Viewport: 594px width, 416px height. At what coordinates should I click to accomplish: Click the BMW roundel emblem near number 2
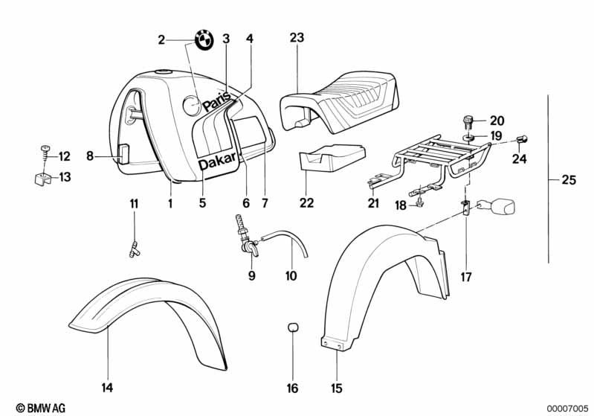(205, 39)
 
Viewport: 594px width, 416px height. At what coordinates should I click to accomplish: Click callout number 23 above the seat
(297, 39)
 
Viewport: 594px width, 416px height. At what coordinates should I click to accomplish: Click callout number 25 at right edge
(568, 179)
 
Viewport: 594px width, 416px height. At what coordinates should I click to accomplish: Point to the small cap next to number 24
(522, 138)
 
